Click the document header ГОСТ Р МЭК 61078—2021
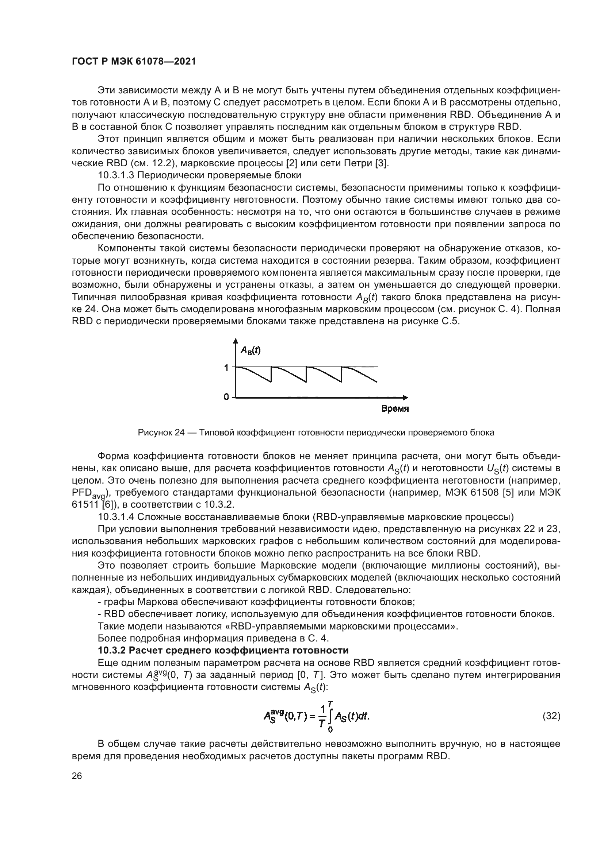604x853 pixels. [x=134, y=62]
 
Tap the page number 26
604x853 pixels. [x=77, y=776]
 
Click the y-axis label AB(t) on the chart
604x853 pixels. [x=250, y=350]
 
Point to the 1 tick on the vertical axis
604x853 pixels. [x=226, y=368]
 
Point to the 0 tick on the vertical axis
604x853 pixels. [x=226, y=397]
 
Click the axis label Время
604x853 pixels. [x=395, y=409]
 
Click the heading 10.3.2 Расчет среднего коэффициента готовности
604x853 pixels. [x=223, y=650]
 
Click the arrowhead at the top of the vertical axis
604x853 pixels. [x=235, y=341]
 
